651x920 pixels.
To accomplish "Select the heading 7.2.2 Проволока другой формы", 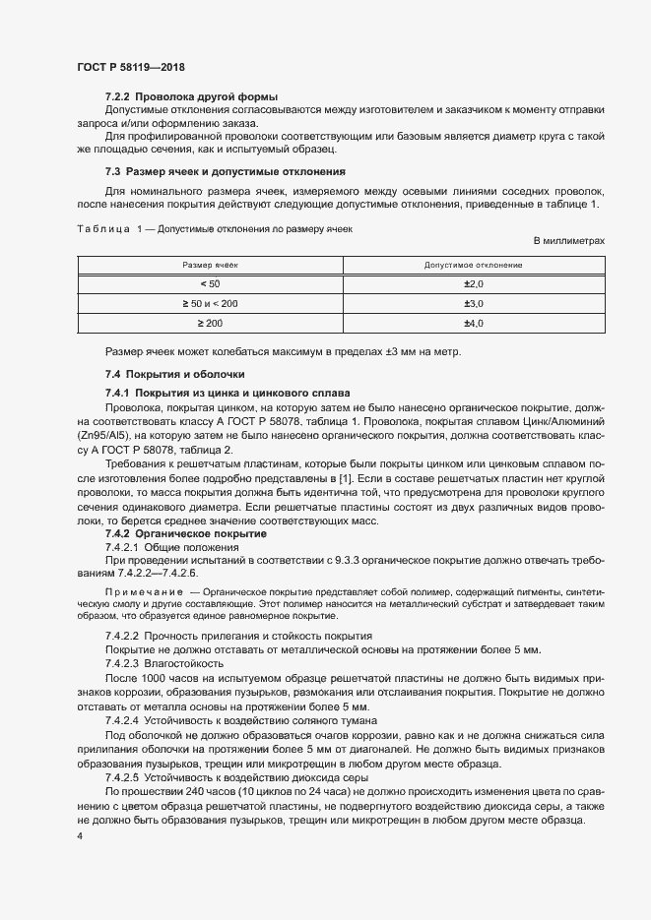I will (x=191, y=96).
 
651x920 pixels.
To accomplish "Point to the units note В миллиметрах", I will (x=568, y=241).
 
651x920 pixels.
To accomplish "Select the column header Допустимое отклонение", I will (x=473, y=266).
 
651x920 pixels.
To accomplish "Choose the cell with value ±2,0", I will (x=473, y=284).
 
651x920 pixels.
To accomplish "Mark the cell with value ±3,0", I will (x=473, y=304).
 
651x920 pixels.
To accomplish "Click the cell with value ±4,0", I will (x=473, y=324).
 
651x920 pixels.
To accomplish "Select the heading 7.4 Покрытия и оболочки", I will (x=167, y=374).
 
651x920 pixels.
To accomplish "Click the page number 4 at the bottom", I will (x=79, y=835).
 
